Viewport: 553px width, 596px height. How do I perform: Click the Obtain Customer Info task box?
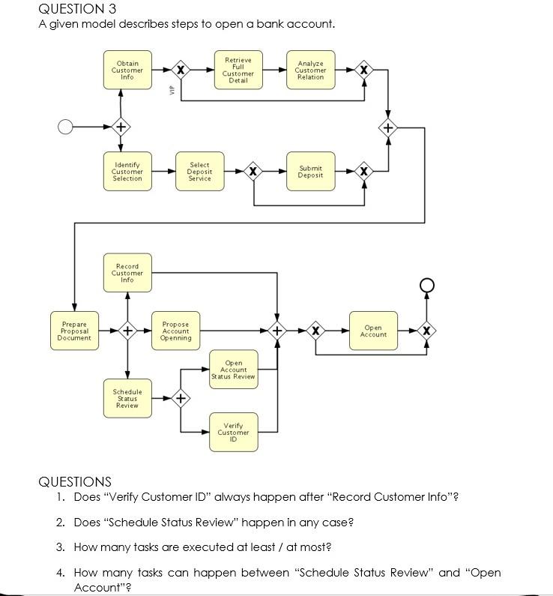(127, 70)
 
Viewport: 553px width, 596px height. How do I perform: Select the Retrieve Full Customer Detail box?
(238, 70)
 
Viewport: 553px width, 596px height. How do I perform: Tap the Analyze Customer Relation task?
(310, 70)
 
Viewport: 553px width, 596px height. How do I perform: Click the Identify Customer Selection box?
(127, 172)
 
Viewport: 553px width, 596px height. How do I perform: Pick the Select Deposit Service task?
(199, 172)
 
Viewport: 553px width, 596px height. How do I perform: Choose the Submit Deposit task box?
(310, 172)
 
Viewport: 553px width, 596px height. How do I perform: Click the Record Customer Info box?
(127, 273)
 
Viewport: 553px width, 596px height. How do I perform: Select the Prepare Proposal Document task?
(74, 331)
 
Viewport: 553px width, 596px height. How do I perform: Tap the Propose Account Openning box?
(175, 331)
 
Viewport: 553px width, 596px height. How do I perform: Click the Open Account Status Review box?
(233, 370)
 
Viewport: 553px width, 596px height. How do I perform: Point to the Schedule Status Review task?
(127, 399)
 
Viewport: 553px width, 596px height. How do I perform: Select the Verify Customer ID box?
(233, 432)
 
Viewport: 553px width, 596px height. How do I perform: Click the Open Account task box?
(373, 331)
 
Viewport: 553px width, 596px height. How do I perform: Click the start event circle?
(66, 127)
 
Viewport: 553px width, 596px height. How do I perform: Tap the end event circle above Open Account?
(426, 284)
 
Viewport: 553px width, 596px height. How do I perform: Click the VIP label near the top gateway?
(172, 90)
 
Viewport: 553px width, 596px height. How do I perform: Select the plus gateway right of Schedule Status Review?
(180, 399)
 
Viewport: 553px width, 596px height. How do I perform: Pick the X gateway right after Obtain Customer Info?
(180, 70)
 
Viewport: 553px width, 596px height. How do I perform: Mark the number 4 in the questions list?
(60, 573)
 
